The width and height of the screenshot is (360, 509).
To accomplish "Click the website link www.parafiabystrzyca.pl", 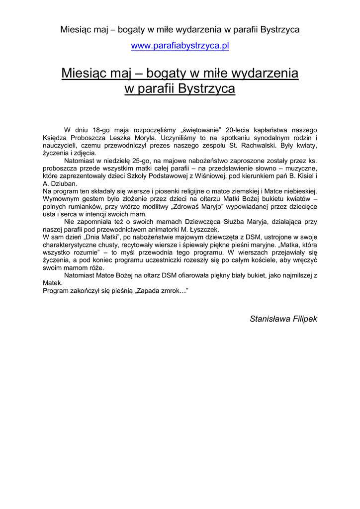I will coord(180,46).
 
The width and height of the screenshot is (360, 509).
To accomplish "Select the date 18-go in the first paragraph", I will coord(101,130).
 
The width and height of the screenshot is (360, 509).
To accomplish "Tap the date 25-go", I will coord(142,161).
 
